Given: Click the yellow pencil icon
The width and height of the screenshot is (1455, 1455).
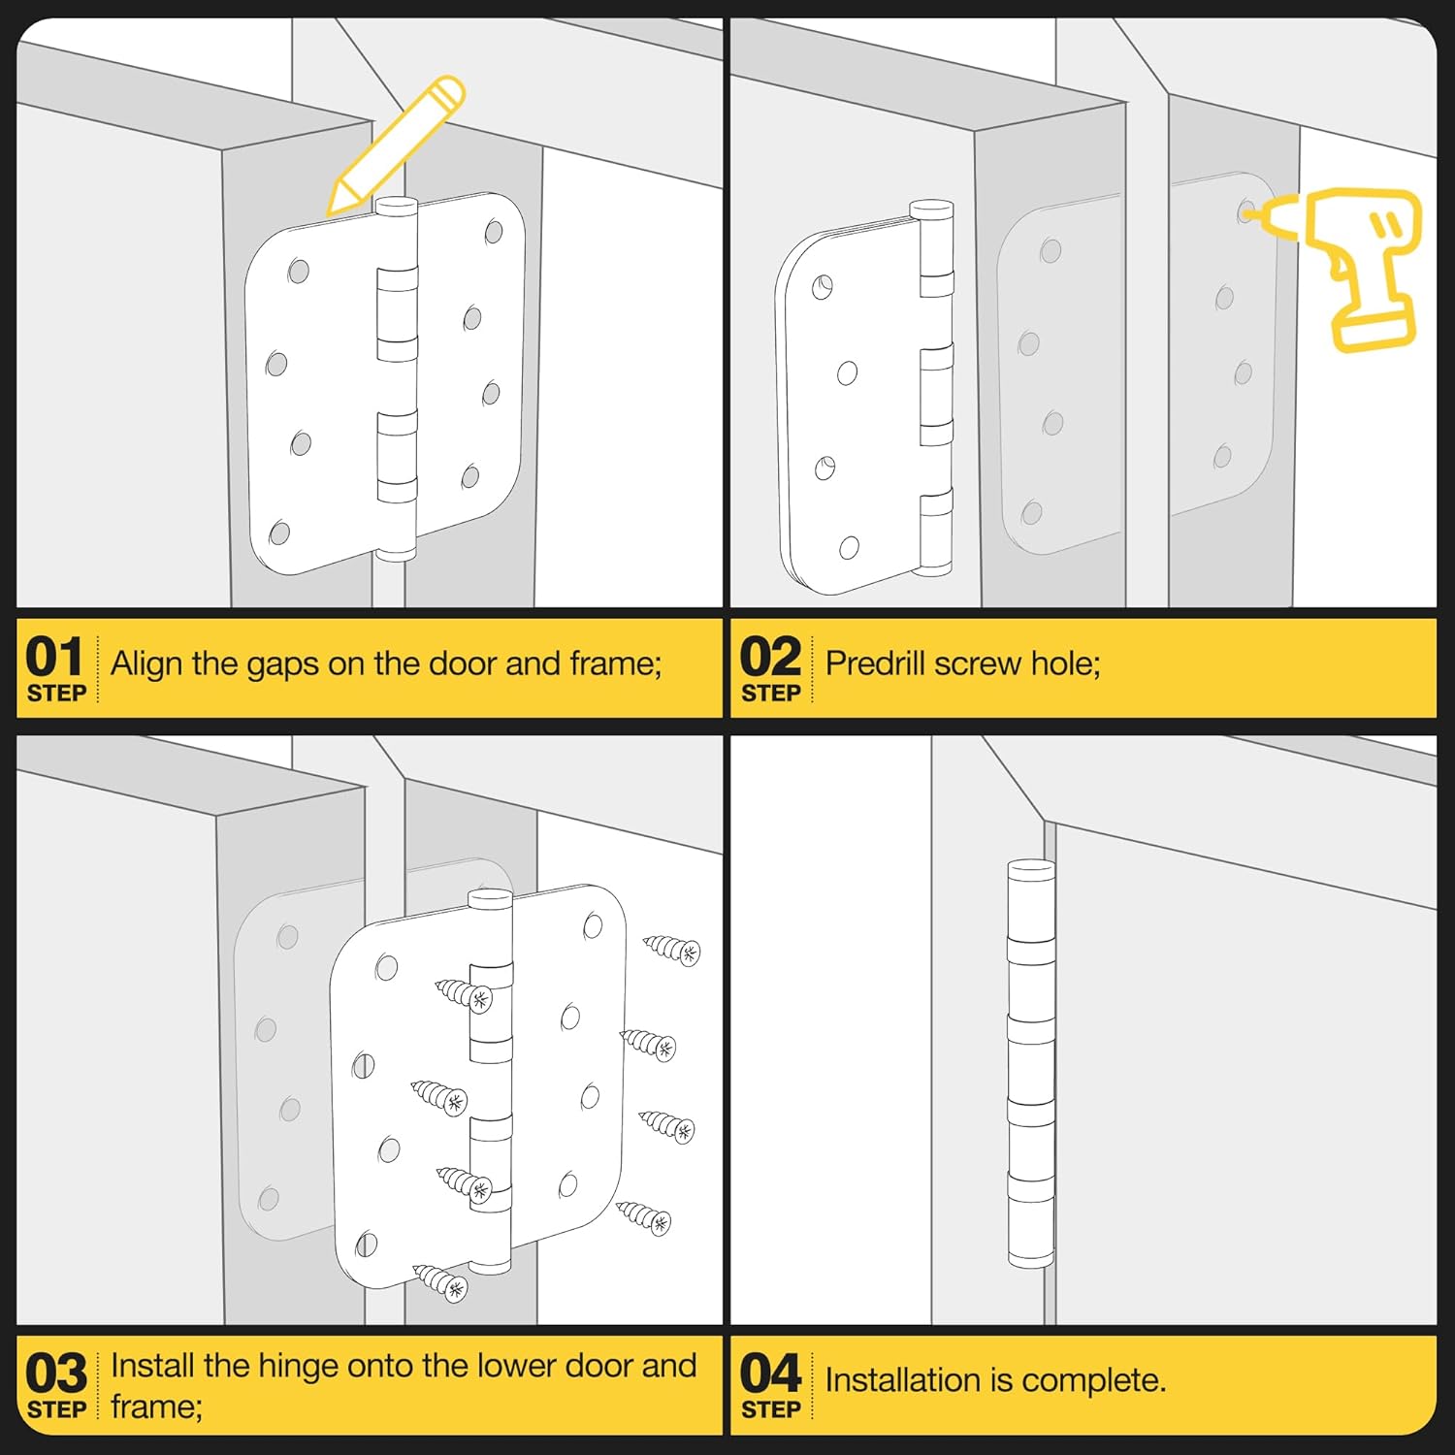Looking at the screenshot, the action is pos(396,145).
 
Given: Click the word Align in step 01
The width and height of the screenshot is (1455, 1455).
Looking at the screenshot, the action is pos(147,664).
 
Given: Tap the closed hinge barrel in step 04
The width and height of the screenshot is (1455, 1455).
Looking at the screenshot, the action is pos(1030,1063).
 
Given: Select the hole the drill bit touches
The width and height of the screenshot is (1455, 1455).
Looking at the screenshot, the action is pos(1245,212).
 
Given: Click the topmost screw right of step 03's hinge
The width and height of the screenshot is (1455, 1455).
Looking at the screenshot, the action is pos(671,948).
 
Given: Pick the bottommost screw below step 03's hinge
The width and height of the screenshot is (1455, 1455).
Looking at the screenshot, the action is pos(441,1283).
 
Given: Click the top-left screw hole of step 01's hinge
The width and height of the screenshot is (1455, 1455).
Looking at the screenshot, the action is pos(299,271).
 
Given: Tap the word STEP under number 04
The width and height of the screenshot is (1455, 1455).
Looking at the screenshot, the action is pos(771,1409).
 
